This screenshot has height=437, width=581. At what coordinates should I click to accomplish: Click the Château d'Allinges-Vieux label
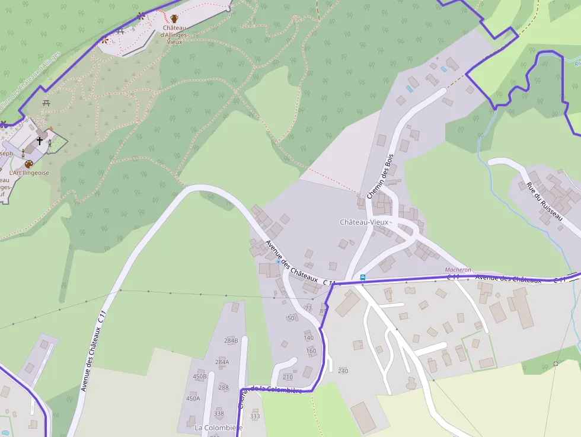(x=175, y=35)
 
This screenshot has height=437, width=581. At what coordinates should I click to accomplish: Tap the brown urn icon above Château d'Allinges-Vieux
(x=174, y=19)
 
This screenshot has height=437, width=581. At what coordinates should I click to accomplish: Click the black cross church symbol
(x=40, y=141)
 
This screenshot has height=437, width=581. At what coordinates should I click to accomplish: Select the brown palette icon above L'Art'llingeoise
(x=28, y=164)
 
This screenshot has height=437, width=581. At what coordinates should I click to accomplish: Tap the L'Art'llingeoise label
(x=29, y=173)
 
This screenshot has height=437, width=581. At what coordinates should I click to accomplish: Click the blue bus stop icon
(x=362, y=277)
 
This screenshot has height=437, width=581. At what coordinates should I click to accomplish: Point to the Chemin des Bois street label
(x=380, y=176)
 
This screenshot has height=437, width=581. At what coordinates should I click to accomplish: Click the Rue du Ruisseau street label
(x=544, y=202)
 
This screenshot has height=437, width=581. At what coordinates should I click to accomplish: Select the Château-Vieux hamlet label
(x=364, y=222)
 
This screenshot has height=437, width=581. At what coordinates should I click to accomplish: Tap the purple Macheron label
(x=458, y=270)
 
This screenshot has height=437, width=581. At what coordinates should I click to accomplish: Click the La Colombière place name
(x=219, y=428)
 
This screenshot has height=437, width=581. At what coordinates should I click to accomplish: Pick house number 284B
(x=231, y=340)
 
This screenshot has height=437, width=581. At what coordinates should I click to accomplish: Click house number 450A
(x=193, y=398)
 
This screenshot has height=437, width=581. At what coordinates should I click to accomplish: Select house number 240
(x=343, y=371)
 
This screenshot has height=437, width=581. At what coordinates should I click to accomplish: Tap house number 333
(x=255, y=416)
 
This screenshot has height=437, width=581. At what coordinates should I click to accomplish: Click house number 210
(x=288, y=377)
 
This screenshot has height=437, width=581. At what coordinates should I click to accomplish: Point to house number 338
(x=219, y=413)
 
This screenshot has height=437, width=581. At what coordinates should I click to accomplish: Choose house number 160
(x=311, y=350)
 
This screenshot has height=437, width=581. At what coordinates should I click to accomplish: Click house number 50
(x=290, y=318)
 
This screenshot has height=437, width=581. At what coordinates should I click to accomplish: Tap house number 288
(x=224, y=388)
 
